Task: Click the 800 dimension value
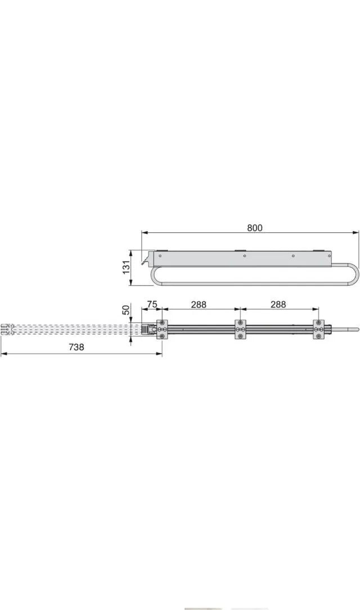254,228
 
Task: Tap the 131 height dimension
127,267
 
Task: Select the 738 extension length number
76,347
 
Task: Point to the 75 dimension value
152,304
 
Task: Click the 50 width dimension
125,310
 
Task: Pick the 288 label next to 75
199,304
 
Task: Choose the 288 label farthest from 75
278,304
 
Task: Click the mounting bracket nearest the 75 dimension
163,329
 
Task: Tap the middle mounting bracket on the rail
240,329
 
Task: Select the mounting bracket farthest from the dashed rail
319,329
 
